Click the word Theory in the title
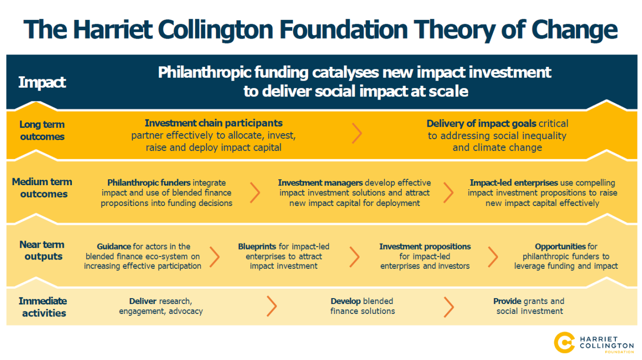(454, 30)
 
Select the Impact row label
(42, 83)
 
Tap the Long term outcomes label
(42, 130)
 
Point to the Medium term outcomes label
(42, 188)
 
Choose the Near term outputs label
(42, 250)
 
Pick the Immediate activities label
(43, 307)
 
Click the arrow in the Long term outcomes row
(357, 133)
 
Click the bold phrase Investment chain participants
(214, 123)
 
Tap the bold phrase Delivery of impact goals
(481, 123)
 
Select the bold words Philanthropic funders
(149, 183)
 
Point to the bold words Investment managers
(320, 183)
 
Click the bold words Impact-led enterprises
(514, 183)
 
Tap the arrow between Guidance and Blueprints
(214, 257)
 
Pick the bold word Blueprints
(261, 247)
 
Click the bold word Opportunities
(560, 247)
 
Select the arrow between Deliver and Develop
(271, 306)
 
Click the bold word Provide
(507, 301)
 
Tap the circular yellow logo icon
(564, 343)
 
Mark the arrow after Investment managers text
(448, 193)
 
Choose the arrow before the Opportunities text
(493, 257)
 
